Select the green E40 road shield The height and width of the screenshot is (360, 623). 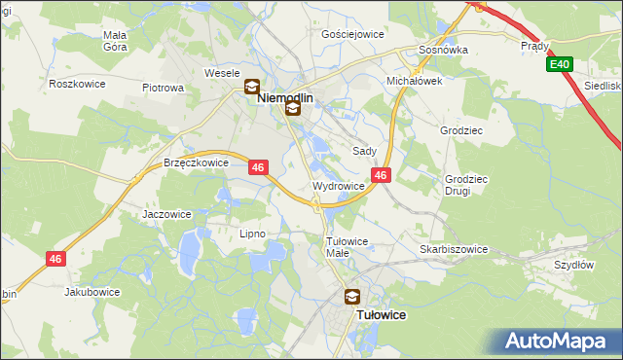558,64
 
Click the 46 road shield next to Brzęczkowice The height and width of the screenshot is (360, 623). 258,167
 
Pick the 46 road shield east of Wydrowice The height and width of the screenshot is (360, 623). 382,175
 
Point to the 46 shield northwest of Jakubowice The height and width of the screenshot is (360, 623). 56,257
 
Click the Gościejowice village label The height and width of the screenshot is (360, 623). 352,33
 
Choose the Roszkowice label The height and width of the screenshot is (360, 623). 77,84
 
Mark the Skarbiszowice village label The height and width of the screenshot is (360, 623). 454,249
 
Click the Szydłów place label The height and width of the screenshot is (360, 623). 573,265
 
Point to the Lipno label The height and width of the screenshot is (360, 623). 252,234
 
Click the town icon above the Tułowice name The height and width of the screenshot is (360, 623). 351,298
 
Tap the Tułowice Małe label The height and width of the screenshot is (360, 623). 346,247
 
